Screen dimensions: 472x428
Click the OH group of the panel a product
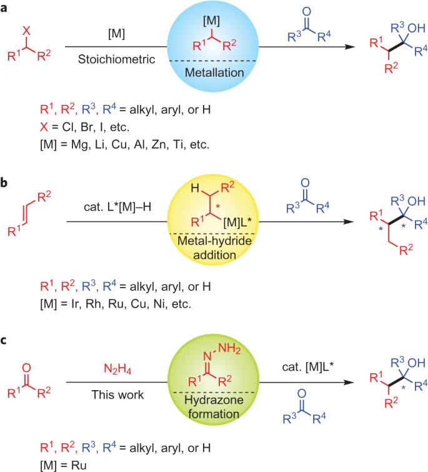402,28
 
